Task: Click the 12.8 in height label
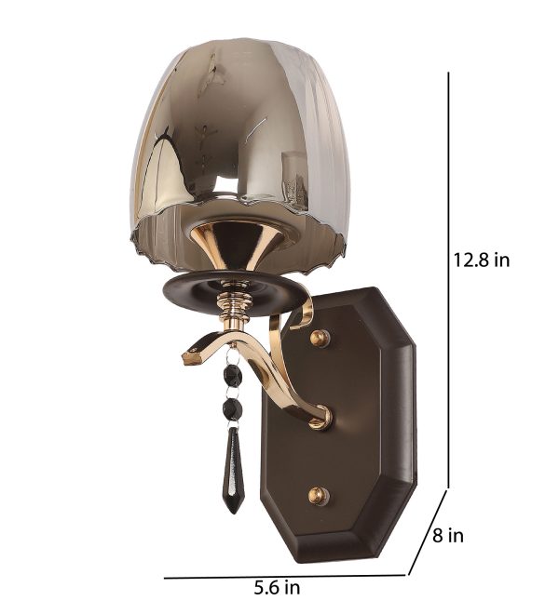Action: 482,260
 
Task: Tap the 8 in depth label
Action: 448,535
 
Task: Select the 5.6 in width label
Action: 277,587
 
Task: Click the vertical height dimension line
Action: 448,280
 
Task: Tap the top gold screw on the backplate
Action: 320,338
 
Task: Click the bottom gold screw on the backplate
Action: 318,496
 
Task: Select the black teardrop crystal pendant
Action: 234,470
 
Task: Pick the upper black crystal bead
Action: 235,375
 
